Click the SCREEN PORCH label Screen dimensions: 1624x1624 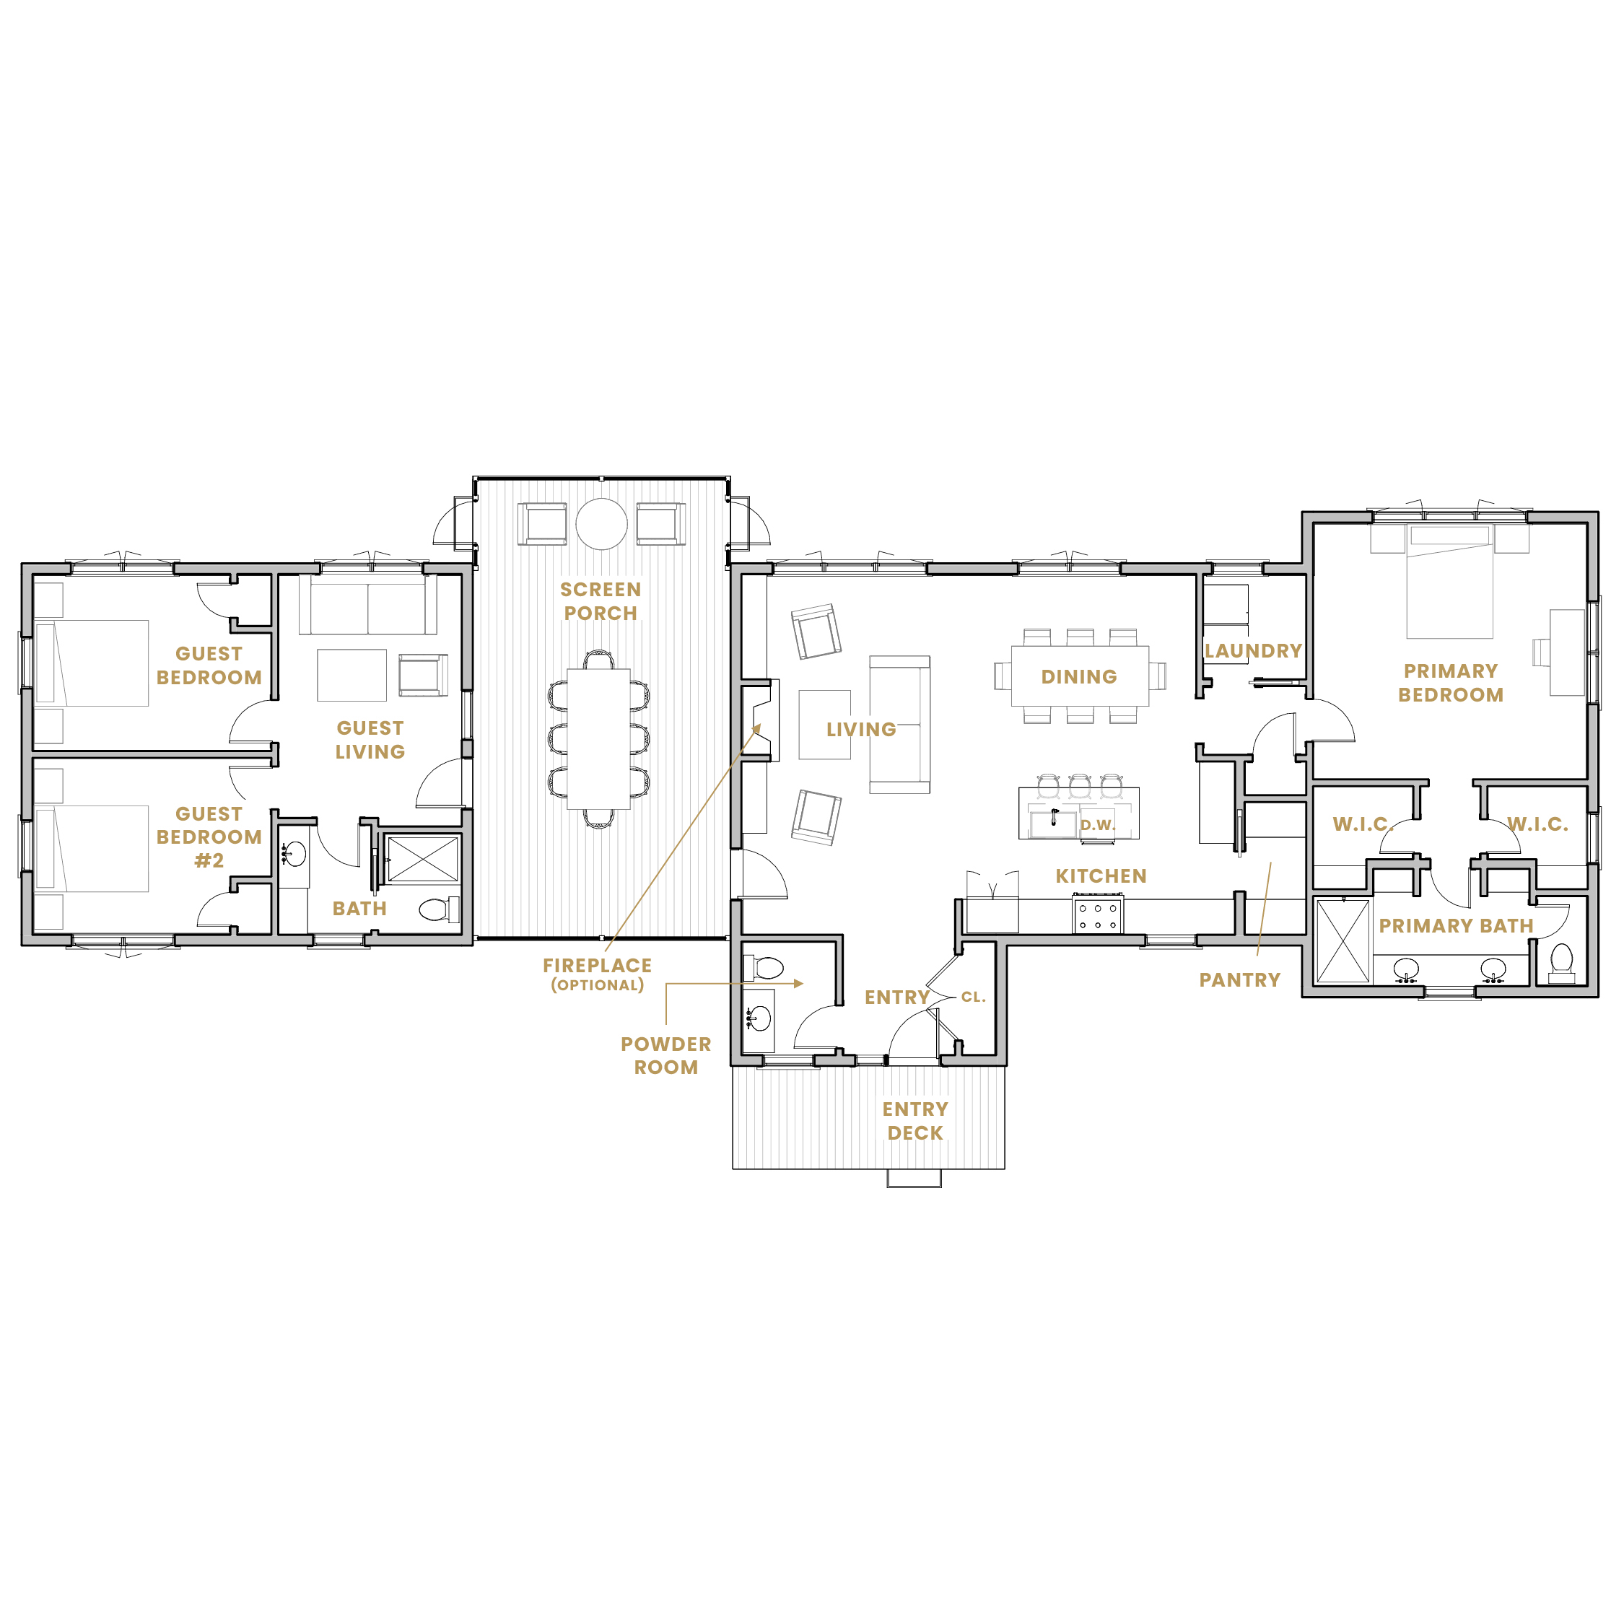click(601, 601)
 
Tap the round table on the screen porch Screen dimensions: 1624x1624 click(601, 524)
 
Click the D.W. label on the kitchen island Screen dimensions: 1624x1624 click(1097, 826)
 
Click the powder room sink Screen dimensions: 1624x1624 click(758, 1018)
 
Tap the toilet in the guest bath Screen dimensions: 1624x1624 click(438, 909)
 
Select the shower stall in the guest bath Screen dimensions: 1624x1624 click(422, 858)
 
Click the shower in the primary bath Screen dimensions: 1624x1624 click(1343, 941)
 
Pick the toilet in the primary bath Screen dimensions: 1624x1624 click(1561, 962)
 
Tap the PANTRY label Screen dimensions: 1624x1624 click(1240, 980)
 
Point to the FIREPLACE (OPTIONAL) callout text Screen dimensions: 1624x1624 click(597, 974)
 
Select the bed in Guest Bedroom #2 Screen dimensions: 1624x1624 click(92, 849)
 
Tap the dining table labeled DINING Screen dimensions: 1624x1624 click(1079, 676)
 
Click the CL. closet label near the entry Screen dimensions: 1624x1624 click(974, 997)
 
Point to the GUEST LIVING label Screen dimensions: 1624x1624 click(370, 740)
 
